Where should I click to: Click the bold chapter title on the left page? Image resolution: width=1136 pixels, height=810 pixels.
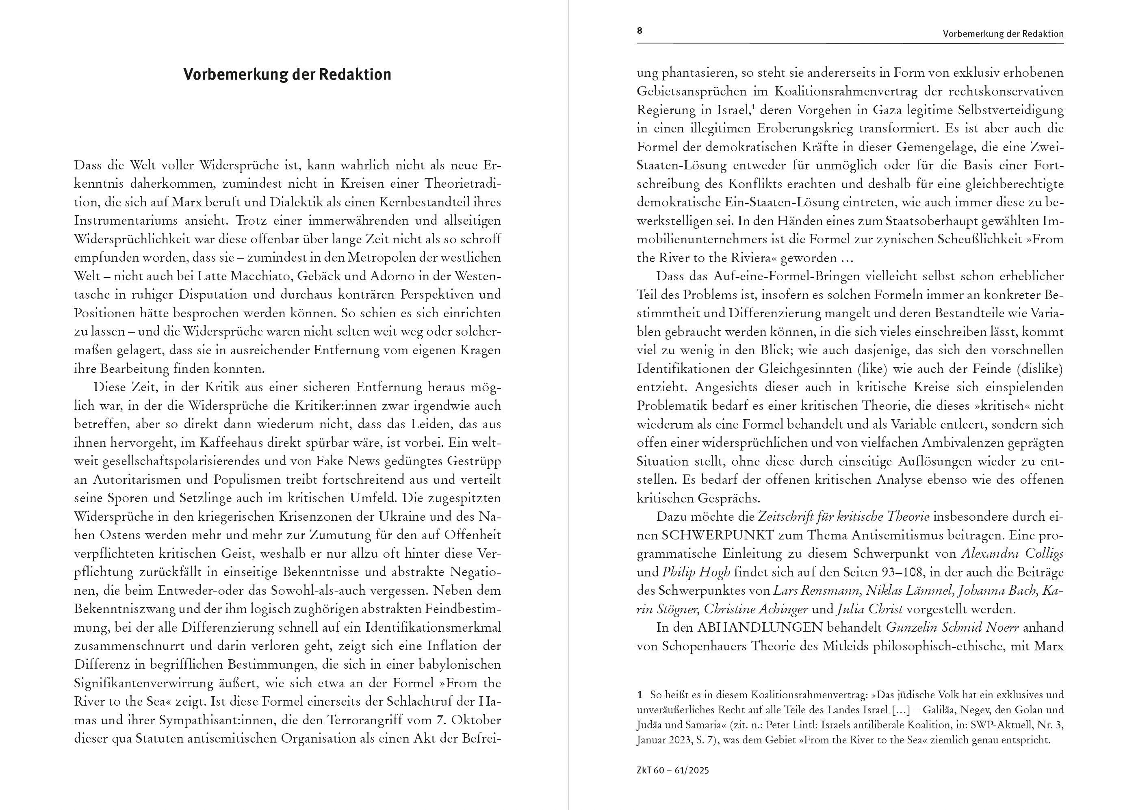[x=287, y=74]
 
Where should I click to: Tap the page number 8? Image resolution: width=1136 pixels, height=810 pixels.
[x=640, y=31]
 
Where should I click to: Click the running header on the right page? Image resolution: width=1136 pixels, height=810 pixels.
[x=1003, y=34]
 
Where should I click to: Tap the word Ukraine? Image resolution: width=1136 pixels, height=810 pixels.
[x=405, y=516]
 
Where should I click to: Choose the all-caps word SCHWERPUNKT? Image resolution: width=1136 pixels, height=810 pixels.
[x=718, y=535]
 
